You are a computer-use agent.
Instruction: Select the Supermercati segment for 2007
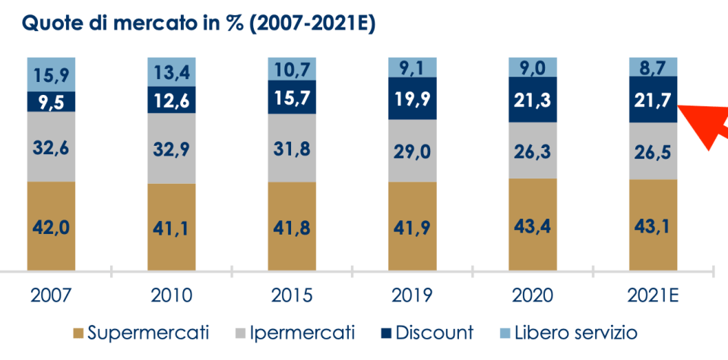(51, 226)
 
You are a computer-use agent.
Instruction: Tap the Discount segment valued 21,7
(653, 99)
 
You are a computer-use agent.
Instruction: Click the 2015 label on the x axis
(292, 295)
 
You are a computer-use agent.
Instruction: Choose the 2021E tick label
(653, 295)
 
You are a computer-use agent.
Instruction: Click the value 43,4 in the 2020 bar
(533, 225)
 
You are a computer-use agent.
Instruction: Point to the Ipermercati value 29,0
(412, 152)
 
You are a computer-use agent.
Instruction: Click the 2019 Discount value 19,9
(412, 98)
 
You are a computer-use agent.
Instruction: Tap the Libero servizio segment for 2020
(533, 68)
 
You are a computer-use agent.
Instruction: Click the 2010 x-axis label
(172, 295)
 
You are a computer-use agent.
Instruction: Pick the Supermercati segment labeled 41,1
(172, 227)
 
